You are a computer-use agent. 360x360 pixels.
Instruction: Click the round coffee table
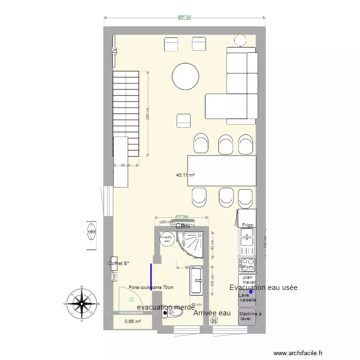(x=185, y=77)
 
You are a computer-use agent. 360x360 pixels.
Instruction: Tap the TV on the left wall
(x=114, y=50)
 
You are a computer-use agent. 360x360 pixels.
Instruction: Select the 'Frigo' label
(x=247, y=224)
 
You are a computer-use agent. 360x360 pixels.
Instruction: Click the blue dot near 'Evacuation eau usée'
(x=251, y=291)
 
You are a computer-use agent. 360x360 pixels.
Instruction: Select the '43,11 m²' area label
(x=185, y=175)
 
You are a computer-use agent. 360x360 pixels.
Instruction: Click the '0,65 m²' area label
(x=132, y=322)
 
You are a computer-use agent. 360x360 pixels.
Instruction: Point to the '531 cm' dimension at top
(x=184, y=18)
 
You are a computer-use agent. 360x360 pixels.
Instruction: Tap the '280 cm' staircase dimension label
(x=148, y=113)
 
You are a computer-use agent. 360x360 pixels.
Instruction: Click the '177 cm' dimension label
(x=181, y=217)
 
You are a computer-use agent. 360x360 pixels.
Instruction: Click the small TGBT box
(x=114, y=277)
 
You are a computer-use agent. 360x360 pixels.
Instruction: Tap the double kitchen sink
(x=247, y=237)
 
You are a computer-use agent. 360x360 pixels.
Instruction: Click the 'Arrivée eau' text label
(x=212, y=313)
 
